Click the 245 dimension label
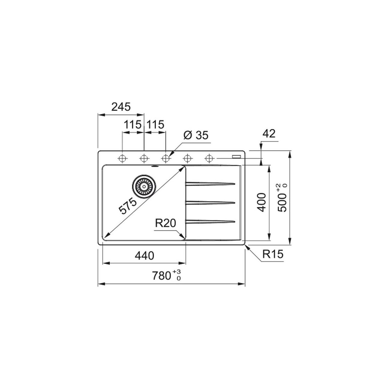[121, 107]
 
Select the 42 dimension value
[269, 134]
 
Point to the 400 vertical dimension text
[262, 202]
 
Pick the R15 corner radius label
[273, 254]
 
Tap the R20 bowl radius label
[166, 223]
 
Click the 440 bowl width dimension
[144, 255]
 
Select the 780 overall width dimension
[161, 276]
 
